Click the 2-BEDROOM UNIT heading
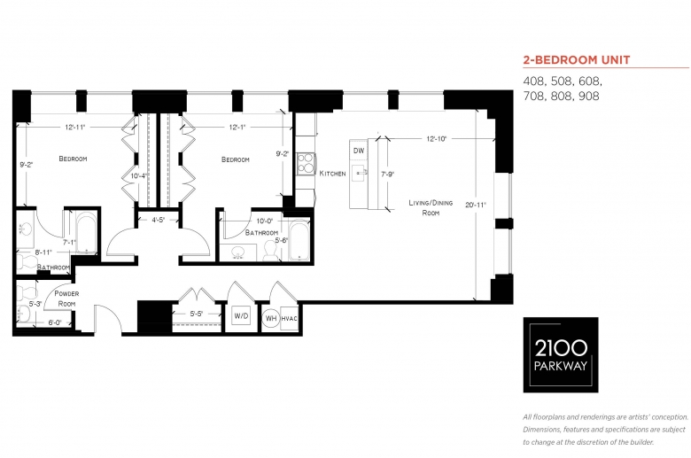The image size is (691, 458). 577,60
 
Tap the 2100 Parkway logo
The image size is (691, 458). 561,355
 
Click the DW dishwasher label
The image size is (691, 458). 359,151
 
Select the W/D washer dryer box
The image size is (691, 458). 241,316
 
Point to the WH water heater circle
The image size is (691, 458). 271,318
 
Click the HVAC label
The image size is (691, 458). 289,319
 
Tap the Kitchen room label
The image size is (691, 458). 333,174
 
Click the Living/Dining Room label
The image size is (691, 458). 431,207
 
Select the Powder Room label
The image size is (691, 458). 66,299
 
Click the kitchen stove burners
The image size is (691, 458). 305,164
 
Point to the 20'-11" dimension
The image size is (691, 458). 476,205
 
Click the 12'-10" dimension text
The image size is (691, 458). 436,139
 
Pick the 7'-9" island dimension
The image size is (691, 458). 387,175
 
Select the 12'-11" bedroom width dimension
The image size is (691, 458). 75,128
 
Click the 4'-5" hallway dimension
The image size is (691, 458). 158,220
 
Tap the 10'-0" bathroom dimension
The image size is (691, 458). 265,221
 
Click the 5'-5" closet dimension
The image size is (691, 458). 197,314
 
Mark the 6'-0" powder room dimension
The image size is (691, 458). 55,322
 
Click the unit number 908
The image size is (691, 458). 588,96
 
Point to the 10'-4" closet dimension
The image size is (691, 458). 139,176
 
